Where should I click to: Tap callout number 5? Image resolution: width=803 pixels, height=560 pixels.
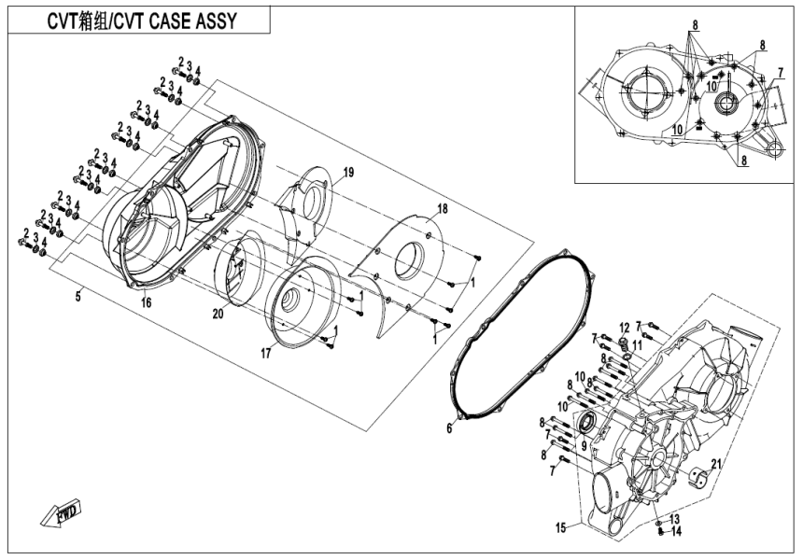coord(79,296)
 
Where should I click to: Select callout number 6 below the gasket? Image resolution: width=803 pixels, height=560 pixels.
coord(448,427)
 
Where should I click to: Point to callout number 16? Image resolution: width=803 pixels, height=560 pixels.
coord(146,302)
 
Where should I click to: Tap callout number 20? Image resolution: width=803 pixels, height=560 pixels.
coord(217,315)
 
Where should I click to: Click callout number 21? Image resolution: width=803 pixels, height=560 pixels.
coord(717,463)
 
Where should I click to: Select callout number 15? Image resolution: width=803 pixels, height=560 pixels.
coord(560,528)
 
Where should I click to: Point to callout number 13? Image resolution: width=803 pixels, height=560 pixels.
coord(674,519)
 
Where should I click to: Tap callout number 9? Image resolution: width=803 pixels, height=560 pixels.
coord(585,446)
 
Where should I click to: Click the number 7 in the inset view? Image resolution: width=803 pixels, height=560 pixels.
coord(779,73)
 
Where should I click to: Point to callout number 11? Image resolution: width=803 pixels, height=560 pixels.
coord(638,346)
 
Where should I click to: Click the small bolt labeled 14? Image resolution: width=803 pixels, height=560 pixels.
coord(661,533)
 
